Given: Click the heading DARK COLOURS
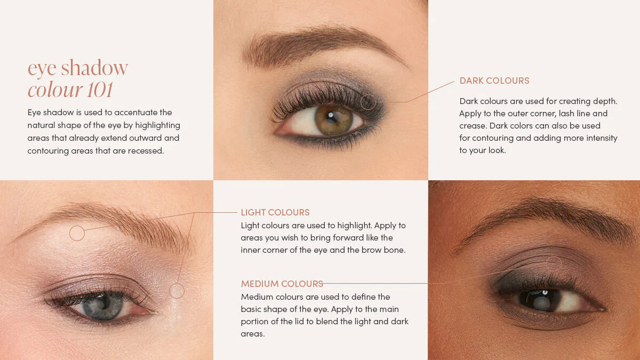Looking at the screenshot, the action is pyautogui.click(x=494, y=81).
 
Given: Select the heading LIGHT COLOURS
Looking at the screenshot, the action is pyautogui.click(x=275, y=212).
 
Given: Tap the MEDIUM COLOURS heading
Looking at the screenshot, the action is pyautogui.click(x=282, y=284).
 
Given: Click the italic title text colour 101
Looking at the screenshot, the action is pyautogui.click(x=70, y=90).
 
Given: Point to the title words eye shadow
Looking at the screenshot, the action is pyautogui.click(x=77, y=68).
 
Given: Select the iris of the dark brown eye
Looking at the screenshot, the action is pyautogui.click(x=540, y=300).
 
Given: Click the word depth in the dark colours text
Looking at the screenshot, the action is pyautogui.click(x=605, y=101).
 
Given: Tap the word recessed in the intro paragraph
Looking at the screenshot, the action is pyautogui.click(x=146, y=151).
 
